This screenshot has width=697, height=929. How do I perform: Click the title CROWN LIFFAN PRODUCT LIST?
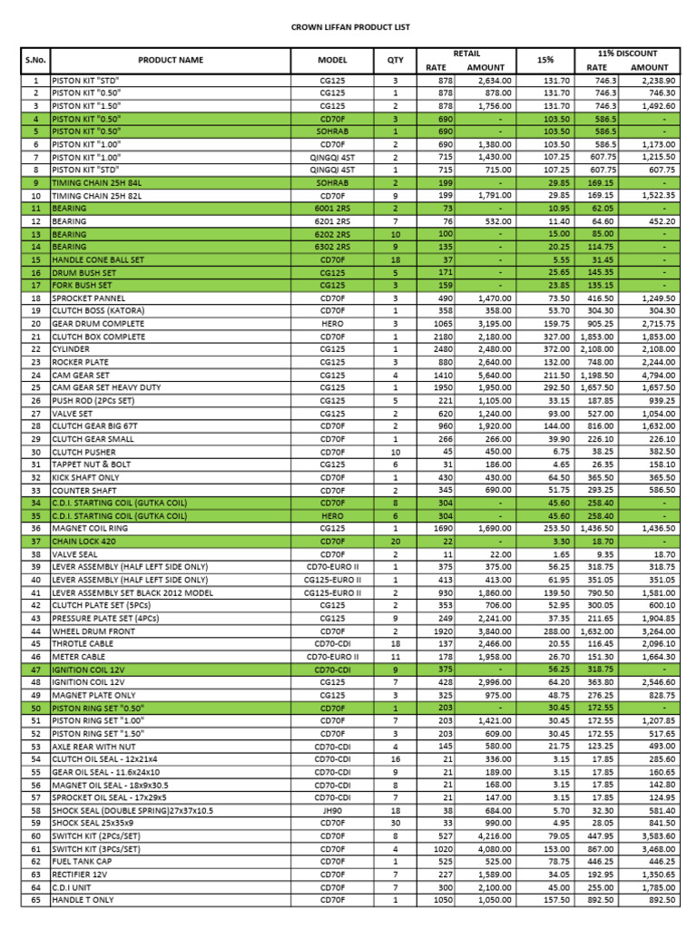click(349, 27)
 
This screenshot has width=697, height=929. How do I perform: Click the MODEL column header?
click(332, 60)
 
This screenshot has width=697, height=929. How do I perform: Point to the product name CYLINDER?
click(71, 349)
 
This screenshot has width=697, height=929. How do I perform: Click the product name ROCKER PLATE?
click(80, 362)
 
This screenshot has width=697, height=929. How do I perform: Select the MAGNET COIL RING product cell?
click(91, 528)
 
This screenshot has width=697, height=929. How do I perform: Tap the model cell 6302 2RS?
click(332, 247)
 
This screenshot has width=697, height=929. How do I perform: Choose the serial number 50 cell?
click(36, 708)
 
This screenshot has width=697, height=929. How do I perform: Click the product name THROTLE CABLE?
click(83, 643)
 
